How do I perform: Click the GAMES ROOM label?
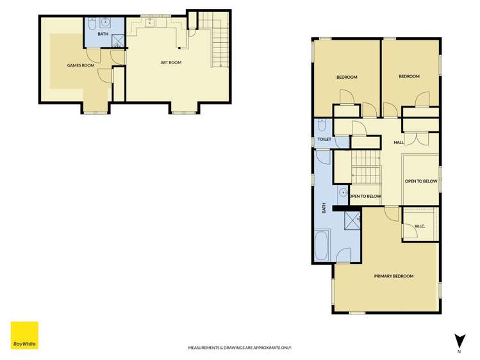[81, 65]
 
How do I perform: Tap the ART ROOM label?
[171, 63]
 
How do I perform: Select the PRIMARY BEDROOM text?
[393, 276]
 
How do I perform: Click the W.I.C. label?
[420, 225]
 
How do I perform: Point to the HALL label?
[399, 142]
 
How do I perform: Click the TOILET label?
[324, 139]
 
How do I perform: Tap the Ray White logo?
[24, 335]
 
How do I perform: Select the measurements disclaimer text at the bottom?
[240, 348]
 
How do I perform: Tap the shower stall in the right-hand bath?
[352, 222]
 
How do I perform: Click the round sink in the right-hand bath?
[343, 191]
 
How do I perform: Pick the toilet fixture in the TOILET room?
[322, 124]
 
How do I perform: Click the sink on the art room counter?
[150, 25]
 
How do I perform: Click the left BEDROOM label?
[347, 77]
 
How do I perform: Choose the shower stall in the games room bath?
[118, 40]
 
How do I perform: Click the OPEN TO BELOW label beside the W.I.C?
[421, 181]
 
